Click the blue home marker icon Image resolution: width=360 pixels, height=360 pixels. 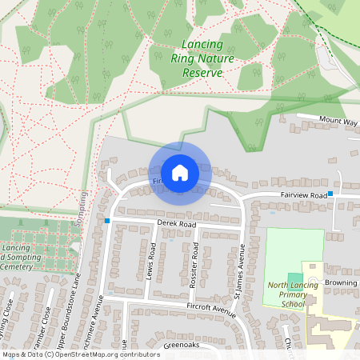[179, 172]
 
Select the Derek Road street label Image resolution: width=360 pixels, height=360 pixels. [177, 226]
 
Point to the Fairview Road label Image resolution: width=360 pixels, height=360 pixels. [304, 195]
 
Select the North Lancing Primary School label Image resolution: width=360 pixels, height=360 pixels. [287, 294]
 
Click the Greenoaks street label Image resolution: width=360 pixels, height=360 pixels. [180, 345]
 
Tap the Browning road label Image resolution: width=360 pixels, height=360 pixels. [342, 282]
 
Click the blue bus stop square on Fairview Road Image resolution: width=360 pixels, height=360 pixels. [330, 194]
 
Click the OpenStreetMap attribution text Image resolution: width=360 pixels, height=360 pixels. [80, 354]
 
